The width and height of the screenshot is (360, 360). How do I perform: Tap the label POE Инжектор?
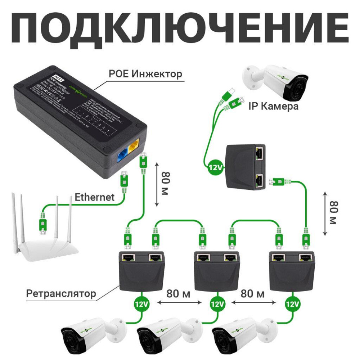[145, 74]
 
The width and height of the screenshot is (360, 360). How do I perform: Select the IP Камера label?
[273, 107]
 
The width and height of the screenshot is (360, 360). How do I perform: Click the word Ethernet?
[94, 197]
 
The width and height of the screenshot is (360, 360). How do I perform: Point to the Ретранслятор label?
[61, 293]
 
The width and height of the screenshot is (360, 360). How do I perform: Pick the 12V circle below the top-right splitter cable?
[216, 167]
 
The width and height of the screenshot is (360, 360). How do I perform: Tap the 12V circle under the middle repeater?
[217, 304]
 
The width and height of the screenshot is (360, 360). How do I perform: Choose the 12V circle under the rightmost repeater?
[292, 304]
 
